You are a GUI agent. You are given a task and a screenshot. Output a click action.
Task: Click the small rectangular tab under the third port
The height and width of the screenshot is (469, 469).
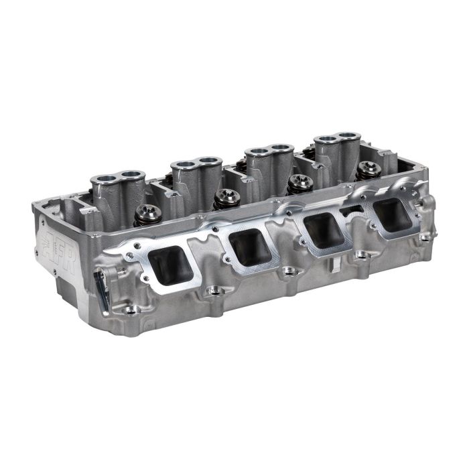pos(332,267)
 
